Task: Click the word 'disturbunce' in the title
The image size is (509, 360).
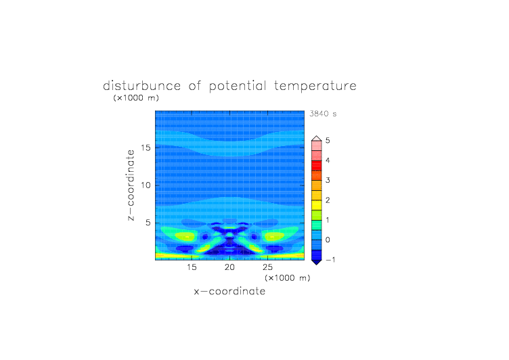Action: [142, 86]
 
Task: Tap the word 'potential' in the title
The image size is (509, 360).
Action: [238, 87]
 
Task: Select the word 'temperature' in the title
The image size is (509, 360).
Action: [315, 87]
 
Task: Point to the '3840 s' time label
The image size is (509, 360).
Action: [323, 114]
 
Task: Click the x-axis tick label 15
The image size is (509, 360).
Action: [192, 267]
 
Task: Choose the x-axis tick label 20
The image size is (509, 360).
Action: [229, 267]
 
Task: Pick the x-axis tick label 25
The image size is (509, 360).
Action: [267, 267]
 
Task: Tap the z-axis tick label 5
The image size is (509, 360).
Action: [148, 223]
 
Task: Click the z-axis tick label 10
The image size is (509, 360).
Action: [146, 185]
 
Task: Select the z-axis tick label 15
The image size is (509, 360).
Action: [146, 148]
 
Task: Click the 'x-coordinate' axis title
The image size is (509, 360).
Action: [229, 291]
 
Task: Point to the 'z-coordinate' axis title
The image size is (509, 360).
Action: [131, 185]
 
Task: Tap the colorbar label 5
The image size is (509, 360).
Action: [328, 140]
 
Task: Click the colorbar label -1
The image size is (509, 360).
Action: [330, 260]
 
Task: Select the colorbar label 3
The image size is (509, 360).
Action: [328, 180]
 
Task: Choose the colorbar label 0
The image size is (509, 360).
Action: [328, 240]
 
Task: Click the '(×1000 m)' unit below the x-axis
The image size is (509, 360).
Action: [287, 278]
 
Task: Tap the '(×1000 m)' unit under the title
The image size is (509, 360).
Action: [136, 97]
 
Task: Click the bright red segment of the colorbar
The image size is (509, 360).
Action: [317, 166]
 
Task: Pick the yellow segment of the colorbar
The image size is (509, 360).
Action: [317, 205]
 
